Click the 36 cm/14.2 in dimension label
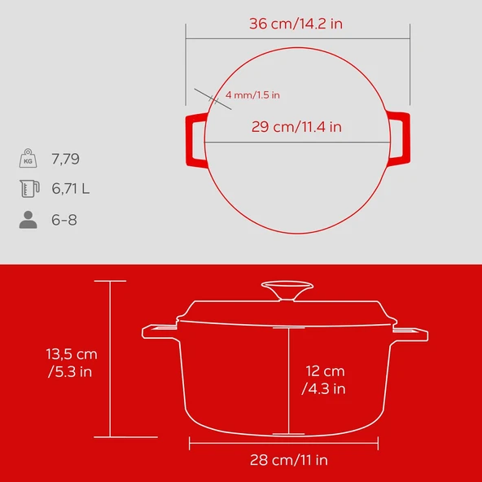296,24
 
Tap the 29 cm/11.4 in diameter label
296,126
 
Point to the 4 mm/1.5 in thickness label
253,95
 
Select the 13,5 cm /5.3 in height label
71,362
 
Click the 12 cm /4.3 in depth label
324,379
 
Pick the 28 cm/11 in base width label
288,460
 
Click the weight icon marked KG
28,157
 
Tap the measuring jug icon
28,189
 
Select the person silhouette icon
28,220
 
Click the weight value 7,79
66,158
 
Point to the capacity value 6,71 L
71,189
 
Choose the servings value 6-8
64,220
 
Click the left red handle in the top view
193,139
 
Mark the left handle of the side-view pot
159,331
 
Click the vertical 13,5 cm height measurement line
111,358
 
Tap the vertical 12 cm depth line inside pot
287,379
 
